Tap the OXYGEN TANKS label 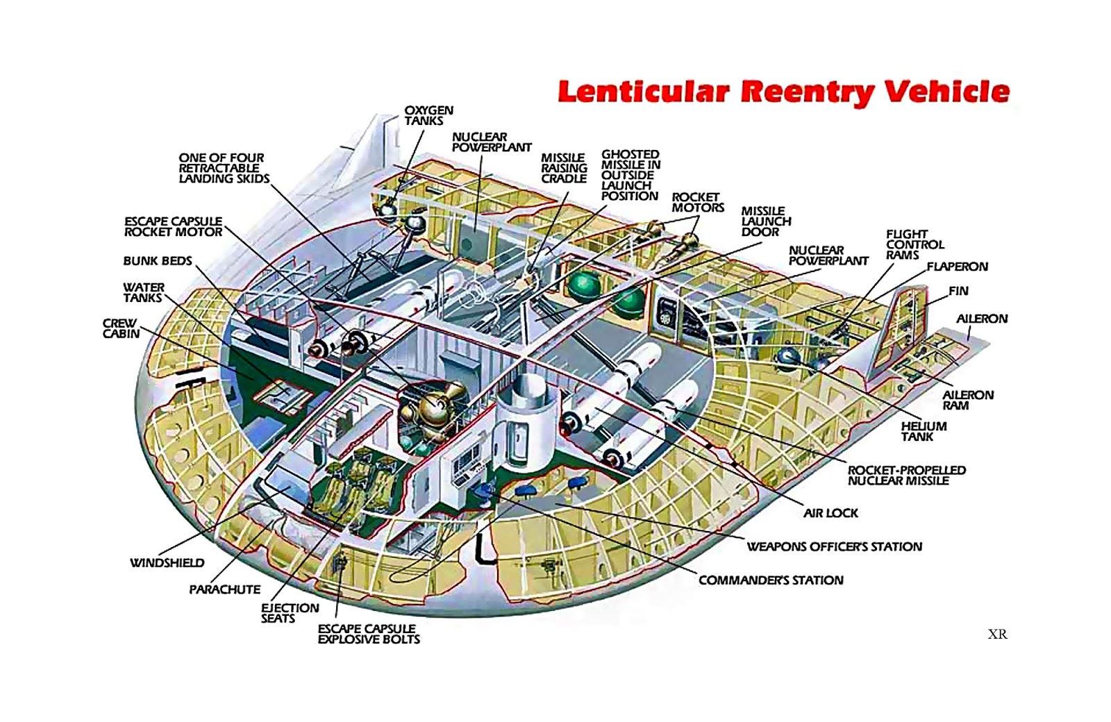pos(428,115)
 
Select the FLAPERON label pos(957,267)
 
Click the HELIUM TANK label pos(924,431)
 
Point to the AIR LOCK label pos(830,513)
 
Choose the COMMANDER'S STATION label pos(771,580)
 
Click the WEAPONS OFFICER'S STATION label pos(834,546)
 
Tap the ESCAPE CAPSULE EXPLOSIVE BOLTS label pos(369,634)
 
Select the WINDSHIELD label pos(167,562)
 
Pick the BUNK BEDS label pos(158,261)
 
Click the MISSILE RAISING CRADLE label pos(564,168)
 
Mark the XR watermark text pos(997,634)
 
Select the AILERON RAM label pos(967,400)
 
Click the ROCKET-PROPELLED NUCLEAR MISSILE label pos(906,475)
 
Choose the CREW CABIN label pos(121,328)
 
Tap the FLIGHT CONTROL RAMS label pos(914,244)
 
